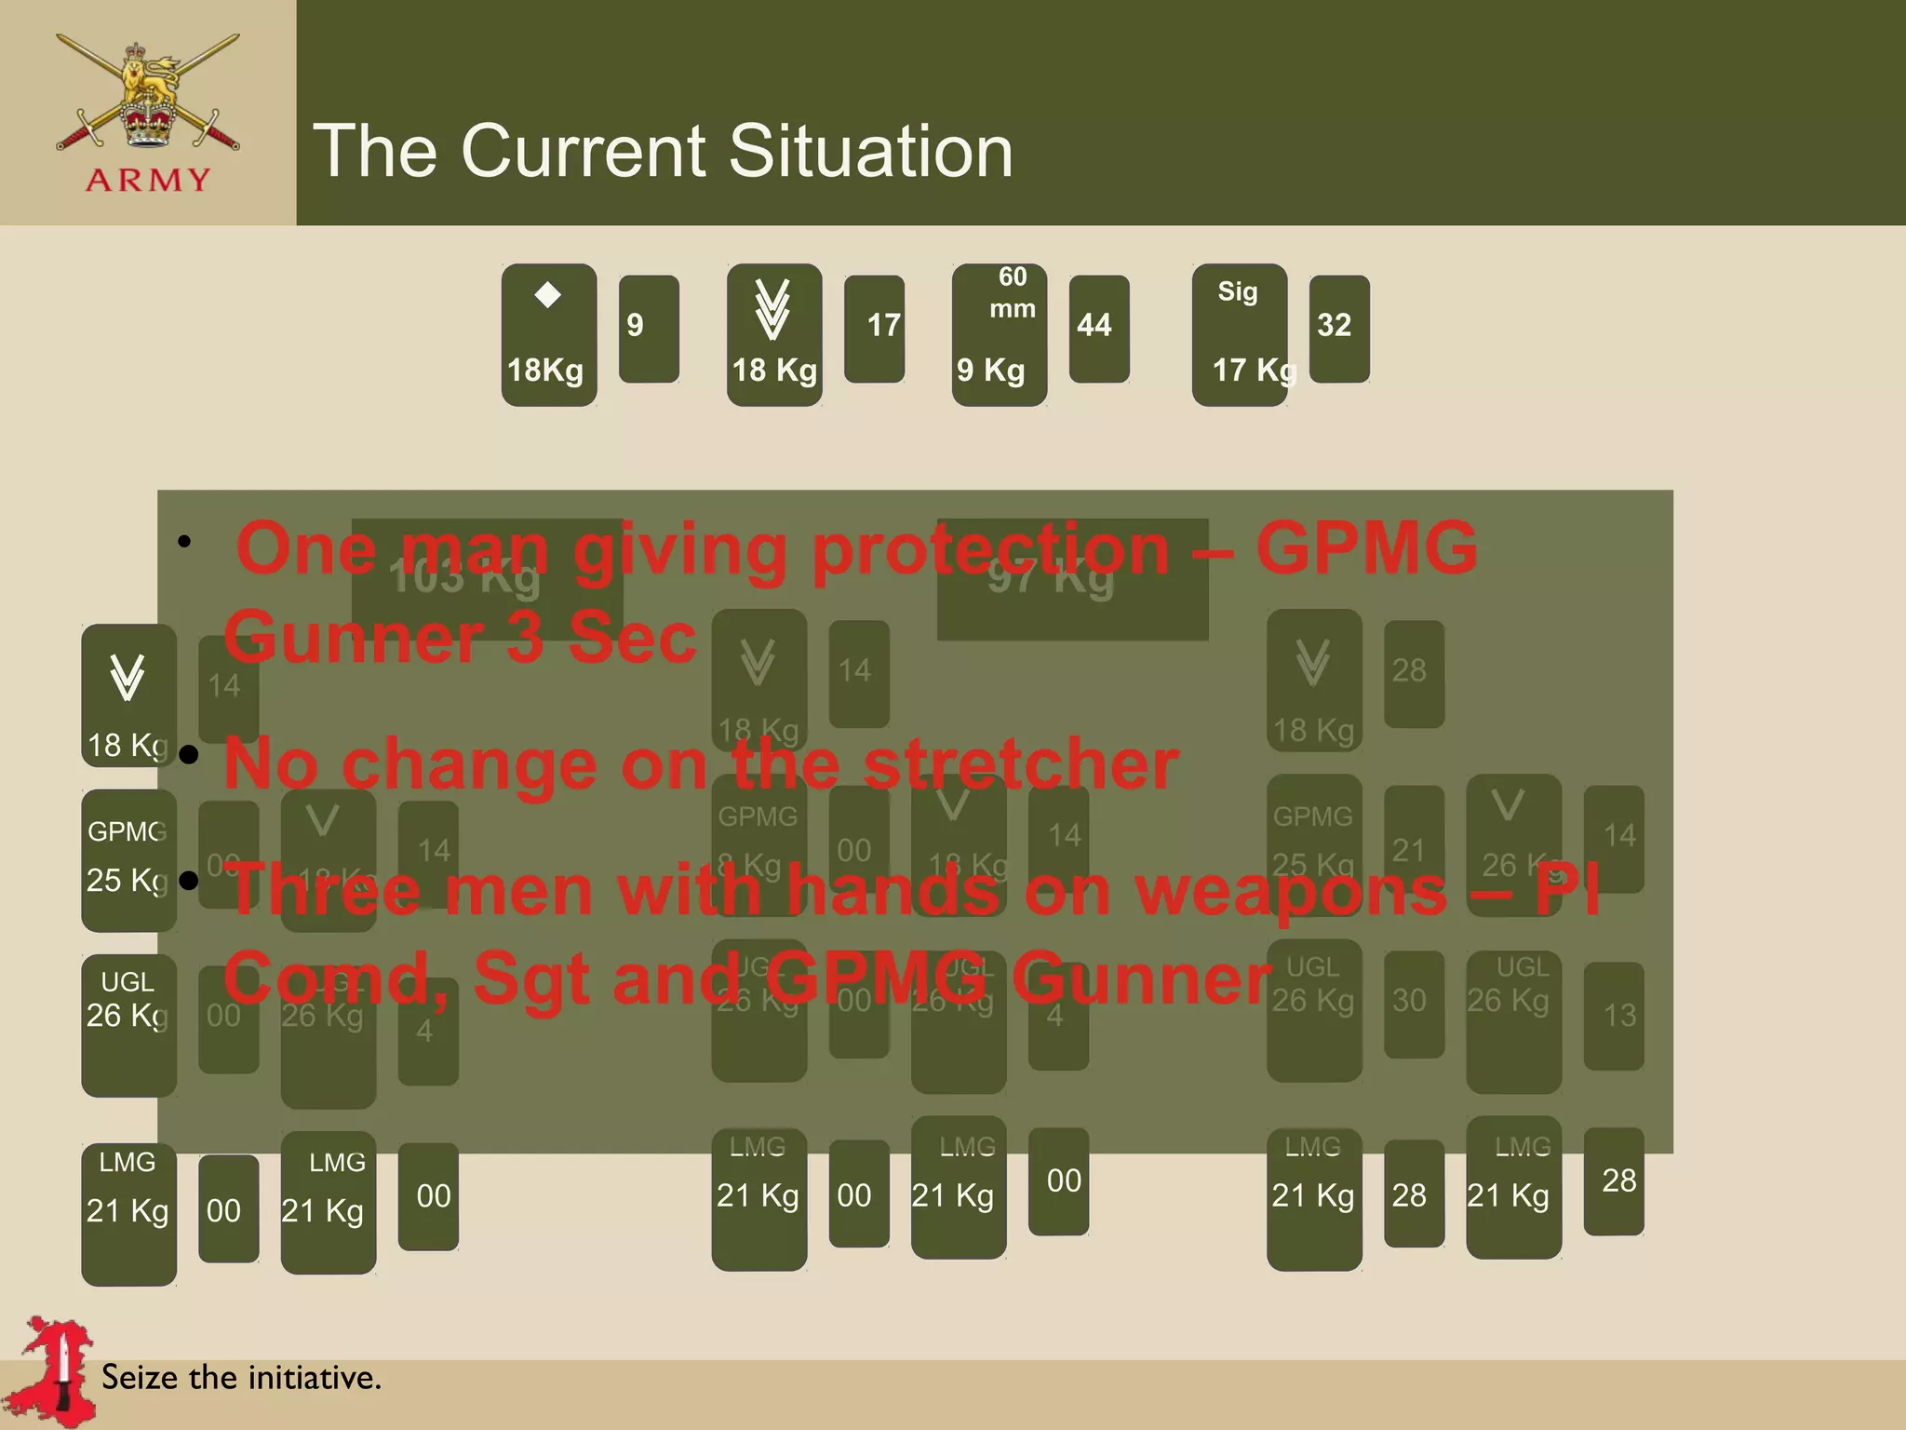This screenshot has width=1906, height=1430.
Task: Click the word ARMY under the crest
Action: point(148,180)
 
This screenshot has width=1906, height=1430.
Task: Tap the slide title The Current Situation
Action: point(663,151)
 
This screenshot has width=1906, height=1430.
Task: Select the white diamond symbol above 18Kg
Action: point(548,295)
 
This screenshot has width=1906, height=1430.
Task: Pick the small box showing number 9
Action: point(649,328)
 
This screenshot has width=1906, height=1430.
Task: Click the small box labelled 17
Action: point(874,328)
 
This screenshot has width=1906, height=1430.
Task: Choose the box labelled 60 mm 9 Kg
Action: point(999,334)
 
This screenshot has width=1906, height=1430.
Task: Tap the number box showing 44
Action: point(1098,328)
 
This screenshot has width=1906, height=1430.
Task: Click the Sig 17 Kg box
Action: point(1240,334)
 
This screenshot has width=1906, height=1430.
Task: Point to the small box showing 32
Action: point(1338,328)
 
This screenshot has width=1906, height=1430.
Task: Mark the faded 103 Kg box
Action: point(486,578)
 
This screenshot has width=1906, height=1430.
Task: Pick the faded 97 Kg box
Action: point(1071,578)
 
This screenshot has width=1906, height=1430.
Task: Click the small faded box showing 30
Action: point(1413,1004)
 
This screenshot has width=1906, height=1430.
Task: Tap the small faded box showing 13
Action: point(1614,1015)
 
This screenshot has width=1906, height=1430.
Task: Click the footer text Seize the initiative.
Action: point(241,1377)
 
